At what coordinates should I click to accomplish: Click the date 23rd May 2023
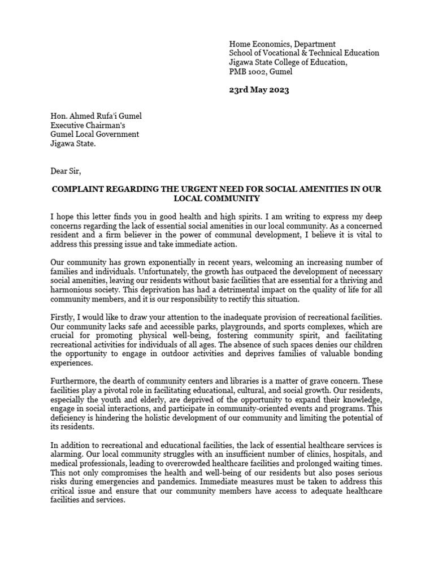(259, 90)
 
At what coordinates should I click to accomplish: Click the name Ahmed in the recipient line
(82, 116)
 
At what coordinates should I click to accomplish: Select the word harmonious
(72, 290)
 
